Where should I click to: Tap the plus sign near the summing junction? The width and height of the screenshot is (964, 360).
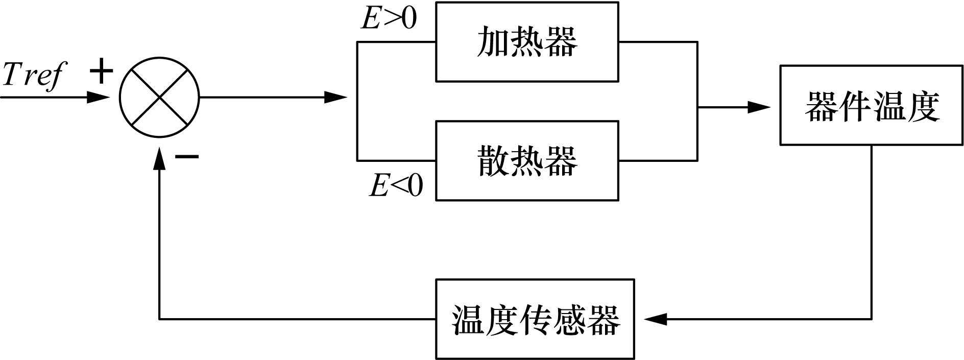[101, 71]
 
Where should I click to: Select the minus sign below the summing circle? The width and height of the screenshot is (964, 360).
[186, 156]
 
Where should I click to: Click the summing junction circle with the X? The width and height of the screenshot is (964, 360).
[159, 97]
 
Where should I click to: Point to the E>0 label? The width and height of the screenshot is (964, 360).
[389, 19]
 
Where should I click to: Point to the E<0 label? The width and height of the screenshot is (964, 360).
[396, 185]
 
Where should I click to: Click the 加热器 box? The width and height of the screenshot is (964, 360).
[527, 42]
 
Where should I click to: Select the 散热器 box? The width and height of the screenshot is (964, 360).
[527, 160]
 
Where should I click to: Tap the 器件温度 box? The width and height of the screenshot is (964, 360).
[871, 105]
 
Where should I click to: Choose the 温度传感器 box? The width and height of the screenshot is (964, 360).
[535, 319]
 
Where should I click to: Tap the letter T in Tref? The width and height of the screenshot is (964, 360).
[13, 74]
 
